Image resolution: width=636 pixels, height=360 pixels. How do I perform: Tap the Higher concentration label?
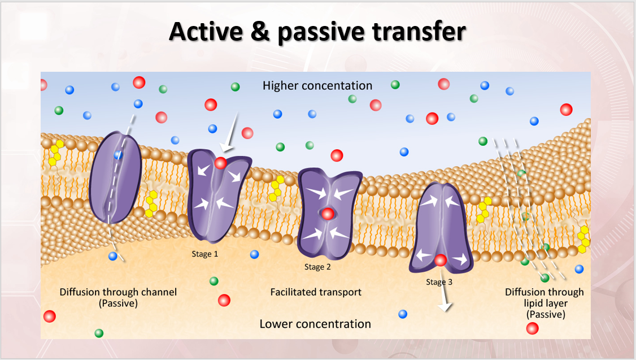pyautogui.click(x=317, y=86)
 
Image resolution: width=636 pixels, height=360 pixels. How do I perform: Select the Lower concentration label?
pyautogui.click(x=315, y=324)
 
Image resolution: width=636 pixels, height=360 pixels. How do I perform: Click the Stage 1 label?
pyautogui.click(x=205, y=254)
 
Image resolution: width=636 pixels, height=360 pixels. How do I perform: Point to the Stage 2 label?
pyautogui.click(x=318, y=267)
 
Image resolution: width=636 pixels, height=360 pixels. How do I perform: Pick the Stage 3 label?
pyautogui.click(x=439, y=281)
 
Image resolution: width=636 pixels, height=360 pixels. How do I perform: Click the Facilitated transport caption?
pyautogui.click(x=316, y=292)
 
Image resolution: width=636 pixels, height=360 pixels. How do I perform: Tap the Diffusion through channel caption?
pyautogui.click(x=118, y=297)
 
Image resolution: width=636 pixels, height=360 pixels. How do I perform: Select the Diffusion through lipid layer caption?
pyautogui.click(x=544, y=303)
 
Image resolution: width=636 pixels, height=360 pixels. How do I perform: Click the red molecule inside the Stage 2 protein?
pyautogui.click(x=327, y=214)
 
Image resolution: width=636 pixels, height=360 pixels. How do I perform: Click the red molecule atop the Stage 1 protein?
pyautogui.click(x=221, y=163)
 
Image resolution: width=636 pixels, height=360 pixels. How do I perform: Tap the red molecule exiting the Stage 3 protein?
pyautogui.click(x=441, y=261)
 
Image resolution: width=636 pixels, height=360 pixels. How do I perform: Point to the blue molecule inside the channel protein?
pyautogui.click(x=119, y=154)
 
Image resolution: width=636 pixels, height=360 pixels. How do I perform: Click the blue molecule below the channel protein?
pyautogui.click(x=113, y=256)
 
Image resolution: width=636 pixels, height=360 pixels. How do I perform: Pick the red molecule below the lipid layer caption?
pyautogui.click(x=532, y=328)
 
